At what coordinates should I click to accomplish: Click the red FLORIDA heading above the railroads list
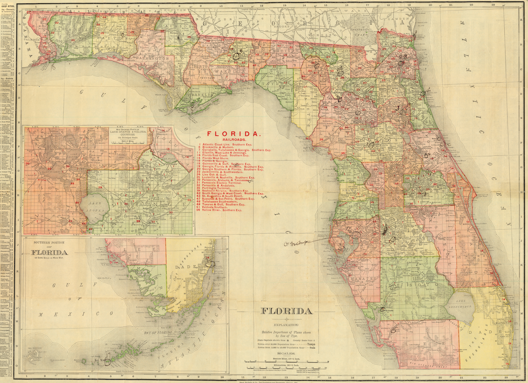pyautogui.click(x=234, y=134)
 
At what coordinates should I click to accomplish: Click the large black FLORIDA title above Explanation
pyautogui.click(x=286, y=311)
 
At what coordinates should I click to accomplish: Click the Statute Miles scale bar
pyautogui.click(x=286, y=361)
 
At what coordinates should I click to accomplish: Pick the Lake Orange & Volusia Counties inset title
pyautogui.click(x=129, y=134)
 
